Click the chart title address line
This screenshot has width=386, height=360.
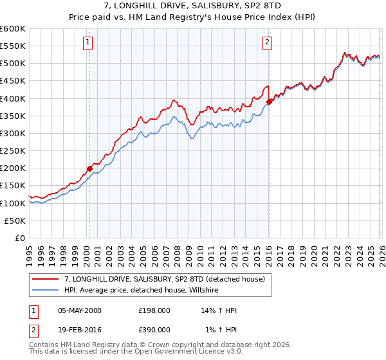193,6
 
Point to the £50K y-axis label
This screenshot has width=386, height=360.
15,221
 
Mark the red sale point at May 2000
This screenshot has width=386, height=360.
89,168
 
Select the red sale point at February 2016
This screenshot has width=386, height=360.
269,102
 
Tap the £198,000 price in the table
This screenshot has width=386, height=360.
154,310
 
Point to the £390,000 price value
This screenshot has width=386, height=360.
154,330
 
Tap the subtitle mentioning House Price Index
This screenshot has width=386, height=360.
193,18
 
